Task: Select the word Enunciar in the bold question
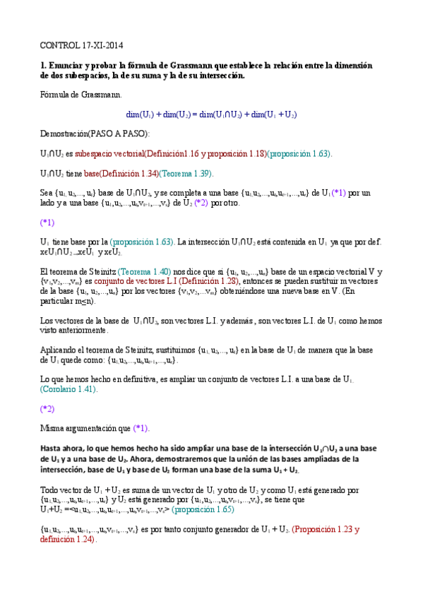67,65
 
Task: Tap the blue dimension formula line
211,114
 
